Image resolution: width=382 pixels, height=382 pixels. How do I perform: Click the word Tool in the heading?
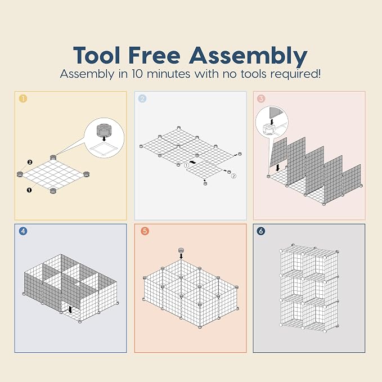tap(97, 55)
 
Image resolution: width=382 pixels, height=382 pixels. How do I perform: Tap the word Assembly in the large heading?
tap(248, 56)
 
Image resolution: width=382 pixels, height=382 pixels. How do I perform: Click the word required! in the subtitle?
tap(295, 74)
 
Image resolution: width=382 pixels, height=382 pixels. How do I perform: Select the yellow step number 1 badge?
tap(23, 98)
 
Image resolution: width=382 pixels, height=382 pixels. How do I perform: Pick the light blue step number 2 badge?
tap(142, 98)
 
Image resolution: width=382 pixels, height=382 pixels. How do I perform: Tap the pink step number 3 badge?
tap(261, 98)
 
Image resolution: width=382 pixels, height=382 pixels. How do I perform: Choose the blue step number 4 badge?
tap(23, 231)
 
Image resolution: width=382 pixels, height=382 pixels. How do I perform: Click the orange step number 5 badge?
tap(145, 231)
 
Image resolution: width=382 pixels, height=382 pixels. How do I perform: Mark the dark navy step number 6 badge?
tap(261, 231)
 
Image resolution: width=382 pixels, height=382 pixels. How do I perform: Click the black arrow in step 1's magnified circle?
tap(104, 138)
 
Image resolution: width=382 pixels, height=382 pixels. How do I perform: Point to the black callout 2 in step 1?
tap(30, 162)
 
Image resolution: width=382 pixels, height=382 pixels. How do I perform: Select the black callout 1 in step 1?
tap(29, 190)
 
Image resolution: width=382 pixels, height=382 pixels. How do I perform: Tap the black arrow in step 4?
tap(70, 309)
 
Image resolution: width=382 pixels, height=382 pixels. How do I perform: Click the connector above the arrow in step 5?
tap(181, 250)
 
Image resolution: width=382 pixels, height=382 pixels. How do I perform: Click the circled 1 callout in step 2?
tap(186, 165)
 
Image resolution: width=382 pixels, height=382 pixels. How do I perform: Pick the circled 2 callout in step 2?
tap(233, 176)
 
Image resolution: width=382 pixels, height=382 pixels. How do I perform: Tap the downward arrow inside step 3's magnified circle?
tap(272, 121)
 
